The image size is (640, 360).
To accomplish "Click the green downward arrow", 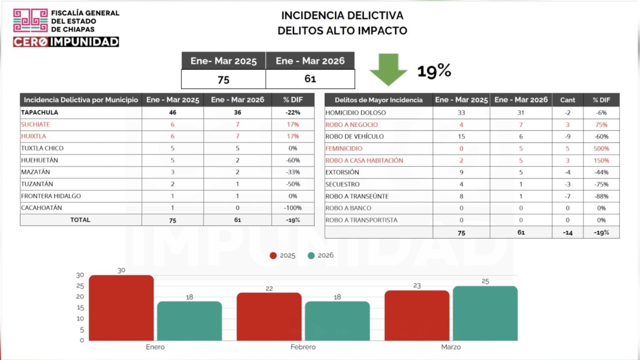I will (x=388, y=69).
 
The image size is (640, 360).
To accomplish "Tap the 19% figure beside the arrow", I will (x=434, y=71).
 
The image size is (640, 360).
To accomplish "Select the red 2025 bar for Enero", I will (x=121, y=308).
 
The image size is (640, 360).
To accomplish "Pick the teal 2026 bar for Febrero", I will (x=337, y=321).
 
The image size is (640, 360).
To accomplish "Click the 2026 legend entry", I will (x=321, y=255).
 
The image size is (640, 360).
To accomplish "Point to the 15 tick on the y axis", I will (x=80, y=308).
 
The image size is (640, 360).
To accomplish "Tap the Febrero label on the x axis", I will (x=303, y=347).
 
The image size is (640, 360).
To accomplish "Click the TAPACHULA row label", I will (x=40, y=112).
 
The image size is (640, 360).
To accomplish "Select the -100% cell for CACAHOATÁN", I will (x=293, y=208).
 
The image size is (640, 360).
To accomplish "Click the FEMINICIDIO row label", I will (x=344, y=148).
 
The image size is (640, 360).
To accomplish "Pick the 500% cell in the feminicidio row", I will (x=601, y=148).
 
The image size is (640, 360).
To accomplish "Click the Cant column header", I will (x=567, y=100).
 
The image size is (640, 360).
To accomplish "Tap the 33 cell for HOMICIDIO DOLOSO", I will (x=461, y=113).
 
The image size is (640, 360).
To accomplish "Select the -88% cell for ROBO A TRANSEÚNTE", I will (x=601, y=196).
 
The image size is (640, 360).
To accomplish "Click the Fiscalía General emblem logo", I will (x=30, y=20).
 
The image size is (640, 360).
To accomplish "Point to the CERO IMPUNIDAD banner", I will (x=66, y=42).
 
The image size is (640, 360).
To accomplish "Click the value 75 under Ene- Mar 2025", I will (x=223, y=80).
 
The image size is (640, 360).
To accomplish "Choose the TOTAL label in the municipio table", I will (x=80, y=220).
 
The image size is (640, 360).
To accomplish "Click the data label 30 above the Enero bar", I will (x=121, y=270).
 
